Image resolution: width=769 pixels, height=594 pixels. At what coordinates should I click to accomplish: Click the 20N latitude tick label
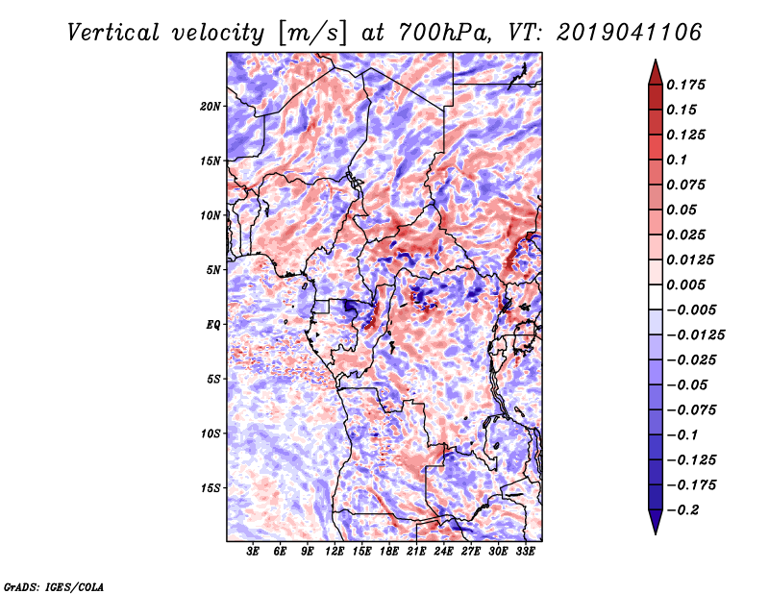[211, 107]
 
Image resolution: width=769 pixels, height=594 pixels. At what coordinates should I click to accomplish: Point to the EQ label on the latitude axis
[213, 325]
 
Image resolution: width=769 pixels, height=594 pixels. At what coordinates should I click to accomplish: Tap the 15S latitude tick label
[211, 488]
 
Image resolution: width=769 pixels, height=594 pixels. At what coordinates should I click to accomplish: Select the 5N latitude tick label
[213, 270]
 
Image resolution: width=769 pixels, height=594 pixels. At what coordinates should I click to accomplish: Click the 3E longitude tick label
[253, 552]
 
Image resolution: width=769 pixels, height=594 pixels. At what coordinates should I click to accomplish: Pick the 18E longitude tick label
[389, 552]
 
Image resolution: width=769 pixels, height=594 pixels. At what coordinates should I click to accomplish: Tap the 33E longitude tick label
[525, 552]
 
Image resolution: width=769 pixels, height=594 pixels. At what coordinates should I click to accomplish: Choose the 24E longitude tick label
[443, 552]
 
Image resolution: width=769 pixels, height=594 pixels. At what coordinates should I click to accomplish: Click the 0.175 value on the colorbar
[685, 85]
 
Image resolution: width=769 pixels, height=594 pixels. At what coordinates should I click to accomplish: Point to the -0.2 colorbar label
[682, 510]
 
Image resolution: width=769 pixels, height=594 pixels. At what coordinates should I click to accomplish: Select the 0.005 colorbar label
[685, 285]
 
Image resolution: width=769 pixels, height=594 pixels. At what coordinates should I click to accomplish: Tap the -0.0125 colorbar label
[695, 335]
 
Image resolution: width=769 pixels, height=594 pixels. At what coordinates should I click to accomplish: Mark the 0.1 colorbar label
[677, 160]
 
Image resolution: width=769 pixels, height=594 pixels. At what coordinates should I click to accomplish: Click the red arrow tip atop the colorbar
[656, 60]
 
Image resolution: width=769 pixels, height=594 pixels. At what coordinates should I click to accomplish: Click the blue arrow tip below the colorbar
[656, 533]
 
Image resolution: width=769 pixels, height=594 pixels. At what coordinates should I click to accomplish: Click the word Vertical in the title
[113, 34]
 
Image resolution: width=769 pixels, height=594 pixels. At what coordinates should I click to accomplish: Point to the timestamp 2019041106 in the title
[630, 33]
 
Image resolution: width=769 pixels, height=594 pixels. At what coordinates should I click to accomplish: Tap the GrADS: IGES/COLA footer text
[54, 587]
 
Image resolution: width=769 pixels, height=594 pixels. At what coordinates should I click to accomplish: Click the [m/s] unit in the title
[312, 34]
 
